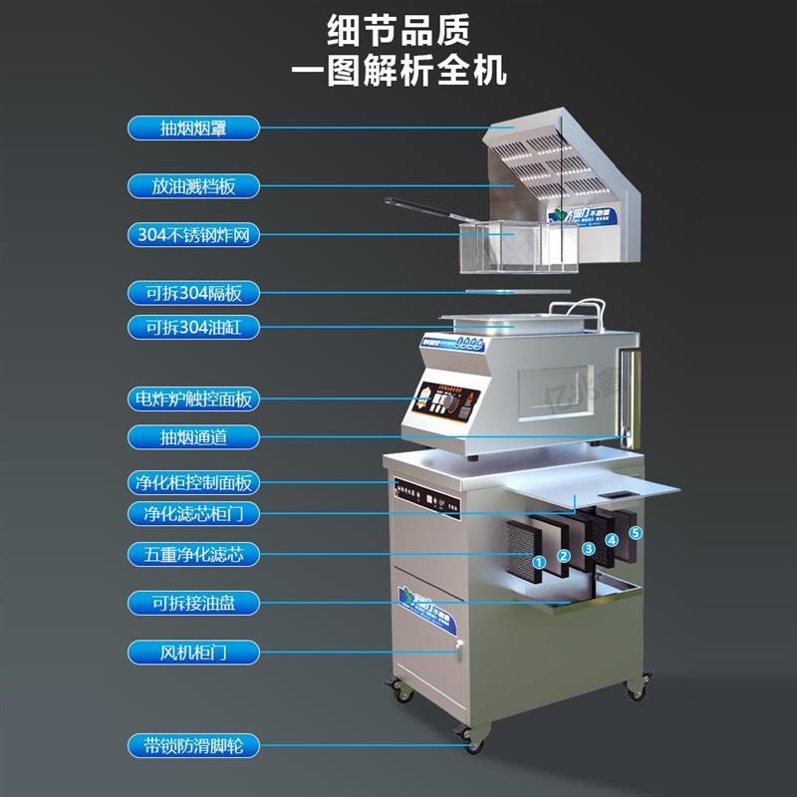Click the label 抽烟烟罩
coord(193,128)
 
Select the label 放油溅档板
coord(193,185)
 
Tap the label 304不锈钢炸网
coord(193,236)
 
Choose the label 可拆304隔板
coord(193,293)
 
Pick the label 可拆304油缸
coord(193,327)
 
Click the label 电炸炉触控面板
coord(193,399)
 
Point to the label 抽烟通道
coord(193,436)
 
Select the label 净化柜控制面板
coord(193,483)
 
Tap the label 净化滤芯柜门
coord(193,514)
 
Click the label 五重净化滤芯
coord(193,554)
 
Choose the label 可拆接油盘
coord(193,603)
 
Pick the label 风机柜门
coord(193,653)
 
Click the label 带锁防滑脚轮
coord(193,744)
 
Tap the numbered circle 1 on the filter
coord(539,563)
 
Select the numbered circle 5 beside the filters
coord(636,533)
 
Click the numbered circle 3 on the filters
coord(589,548)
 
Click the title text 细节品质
coord(398,31)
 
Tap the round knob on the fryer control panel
coord(457,402)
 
